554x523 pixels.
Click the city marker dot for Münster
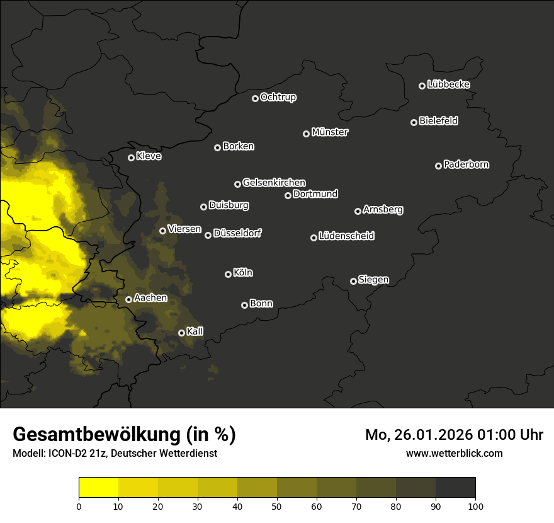tap(306, 134)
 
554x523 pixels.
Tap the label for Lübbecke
tap(448, 84)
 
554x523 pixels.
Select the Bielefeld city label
tap(438, 121)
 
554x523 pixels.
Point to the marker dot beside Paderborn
tap(438, 166)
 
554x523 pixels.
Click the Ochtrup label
tap(278, 98)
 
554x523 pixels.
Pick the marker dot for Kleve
tap(131, 158)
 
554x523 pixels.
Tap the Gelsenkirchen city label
tap(274, 183)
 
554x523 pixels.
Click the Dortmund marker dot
tap(288, 195)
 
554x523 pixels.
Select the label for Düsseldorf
tap(237, 234)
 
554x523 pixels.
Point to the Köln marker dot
tap(228, 274)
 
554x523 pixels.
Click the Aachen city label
tap(150, 298)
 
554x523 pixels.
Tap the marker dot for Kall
tap(181, 333)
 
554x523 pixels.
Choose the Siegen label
tap(373, 280)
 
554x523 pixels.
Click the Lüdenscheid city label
tap(346, 236)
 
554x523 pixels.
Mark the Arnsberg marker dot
tap(358, 211)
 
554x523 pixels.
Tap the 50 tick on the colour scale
tap(277, 506)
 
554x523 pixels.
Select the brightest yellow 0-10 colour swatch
tap(98, 488)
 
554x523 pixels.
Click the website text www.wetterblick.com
tap(454, 453)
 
